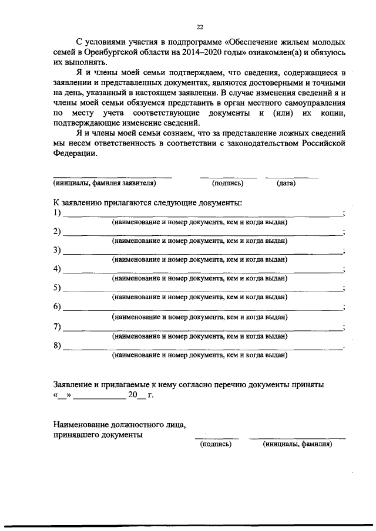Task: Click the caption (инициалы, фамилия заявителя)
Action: coord(105,183)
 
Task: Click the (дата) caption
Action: coord(286,183)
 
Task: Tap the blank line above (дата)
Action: coord(291,177)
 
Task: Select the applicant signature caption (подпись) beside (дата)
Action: coord(227,183)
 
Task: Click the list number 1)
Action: coord(57,212)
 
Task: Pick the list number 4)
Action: coord(57,269)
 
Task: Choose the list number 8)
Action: coord(57,345)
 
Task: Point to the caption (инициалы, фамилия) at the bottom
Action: coord(297,444)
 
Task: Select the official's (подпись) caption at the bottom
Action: coord(216,444)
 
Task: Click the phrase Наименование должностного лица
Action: coord(119,424)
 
